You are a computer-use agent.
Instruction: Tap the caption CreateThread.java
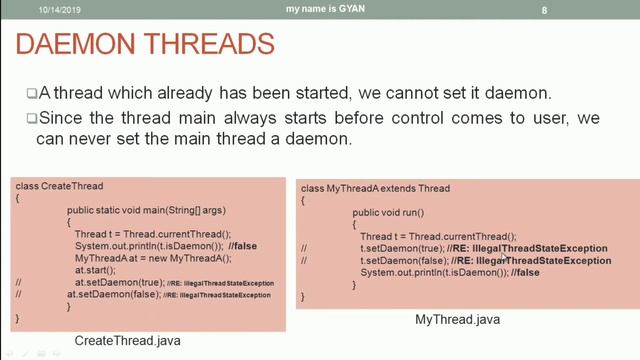[128, 342]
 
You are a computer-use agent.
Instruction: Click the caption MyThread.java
[458, 319]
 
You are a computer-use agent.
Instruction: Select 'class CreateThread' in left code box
[60, 187]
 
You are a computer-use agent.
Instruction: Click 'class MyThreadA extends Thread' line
[375, 188]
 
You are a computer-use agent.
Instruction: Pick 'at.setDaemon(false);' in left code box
[109, 295]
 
